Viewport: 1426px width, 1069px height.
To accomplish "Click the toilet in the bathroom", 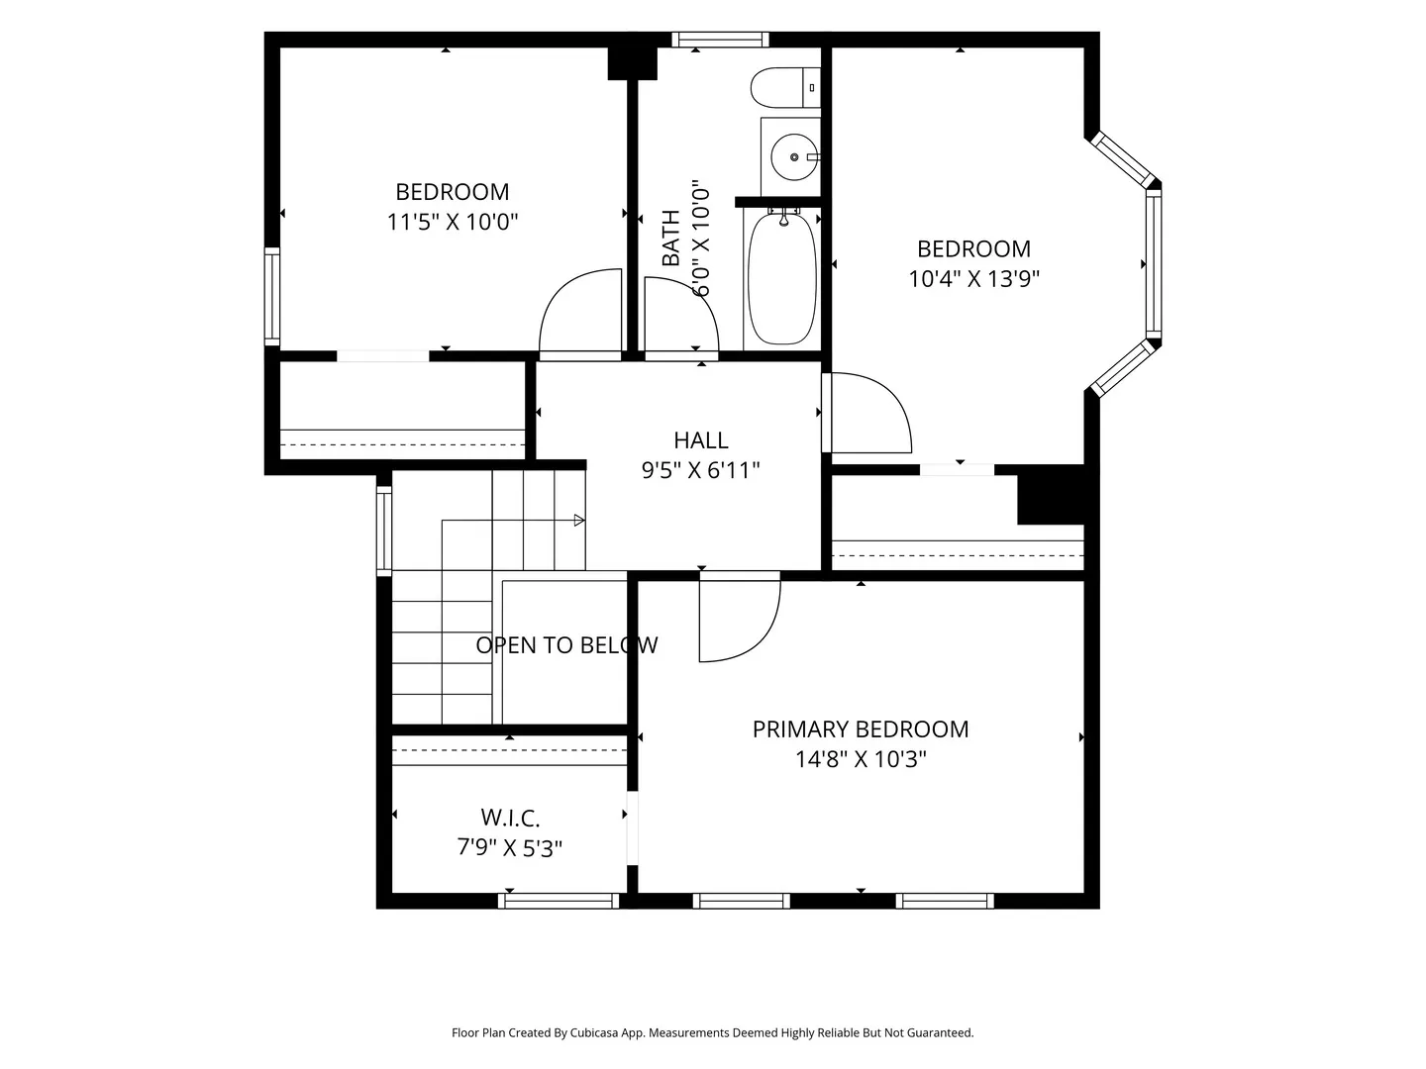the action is [x=785, y=88].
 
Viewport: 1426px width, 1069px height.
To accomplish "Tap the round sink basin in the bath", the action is [x=794, y=157].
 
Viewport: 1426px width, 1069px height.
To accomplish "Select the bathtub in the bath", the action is [x=782, y=277].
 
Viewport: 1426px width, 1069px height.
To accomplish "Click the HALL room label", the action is [x=701, y=440].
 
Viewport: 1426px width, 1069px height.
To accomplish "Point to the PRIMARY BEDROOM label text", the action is [x=861, y=729].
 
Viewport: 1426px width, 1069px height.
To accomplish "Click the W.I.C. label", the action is [x=510, y=818].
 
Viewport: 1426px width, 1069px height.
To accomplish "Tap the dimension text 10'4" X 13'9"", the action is [x=973, y=278].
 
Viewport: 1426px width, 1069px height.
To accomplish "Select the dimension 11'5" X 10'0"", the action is [x=453, y=222].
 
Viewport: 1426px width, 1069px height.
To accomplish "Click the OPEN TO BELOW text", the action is [x=566, y=645].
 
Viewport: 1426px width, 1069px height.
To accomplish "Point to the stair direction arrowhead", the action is [x=579, y=520].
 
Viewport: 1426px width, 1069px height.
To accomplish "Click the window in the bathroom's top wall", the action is [x=720, y=39].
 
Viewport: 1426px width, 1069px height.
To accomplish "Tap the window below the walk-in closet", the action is [x=559, y=901].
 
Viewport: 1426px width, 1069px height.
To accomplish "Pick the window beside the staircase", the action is [x=384, y=531].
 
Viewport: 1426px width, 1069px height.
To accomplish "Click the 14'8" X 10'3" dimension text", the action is [x=861, y=759].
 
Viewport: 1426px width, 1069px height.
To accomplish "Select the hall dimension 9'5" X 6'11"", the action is [x=701, y=470].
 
